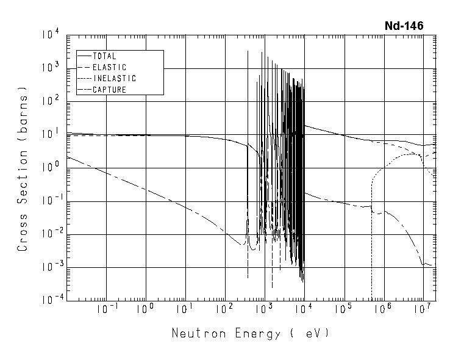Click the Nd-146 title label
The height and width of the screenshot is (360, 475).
pos(403,26)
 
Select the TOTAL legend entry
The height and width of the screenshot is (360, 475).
pos(104,56)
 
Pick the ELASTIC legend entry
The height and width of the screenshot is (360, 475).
pos(110,67)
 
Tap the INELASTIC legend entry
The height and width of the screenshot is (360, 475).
pos(114,79)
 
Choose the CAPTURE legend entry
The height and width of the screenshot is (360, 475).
pos(110,90)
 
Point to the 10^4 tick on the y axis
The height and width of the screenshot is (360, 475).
pos(51,34)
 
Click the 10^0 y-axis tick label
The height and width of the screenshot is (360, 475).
pos(51,167)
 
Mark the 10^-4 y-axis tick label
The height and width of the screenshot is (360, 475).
pos(49,299)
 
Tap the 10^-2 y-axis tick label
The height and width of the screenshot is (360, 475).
pos(49,233)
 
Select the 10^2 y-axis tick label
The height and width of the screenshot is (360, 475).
pos(51,101)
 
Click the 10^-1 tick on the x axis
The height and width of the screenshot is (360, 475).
pos(106,309)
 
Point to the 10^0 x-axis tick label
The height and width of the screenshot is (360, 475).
pos(145,309)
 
